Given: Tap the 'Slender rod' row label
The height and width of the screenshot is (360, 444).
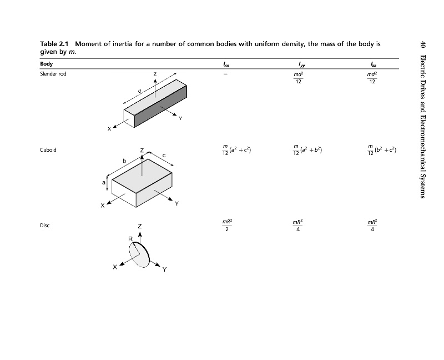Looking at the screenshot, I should [x=53, y=73].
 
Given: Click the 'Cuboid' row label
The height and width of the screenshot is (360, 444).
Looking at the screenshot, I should [x=48, y=150].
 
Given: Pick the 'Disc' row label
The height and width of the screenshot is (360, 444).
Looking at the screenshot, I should [x=45, y=226].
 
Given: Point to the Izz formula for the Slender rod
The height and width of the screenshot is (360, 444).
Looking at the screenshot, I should [x=372, y=77].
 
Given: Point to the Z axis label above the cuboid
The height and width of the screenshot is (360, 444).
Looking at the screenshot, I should [x=142, y=150].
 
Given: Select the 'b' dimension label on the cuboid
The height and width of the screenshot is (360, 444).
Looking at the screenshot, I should [x=124, y=161].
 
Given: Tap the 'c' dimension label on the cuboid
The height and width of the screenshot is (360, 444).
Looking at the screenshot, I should [x=164, y=154].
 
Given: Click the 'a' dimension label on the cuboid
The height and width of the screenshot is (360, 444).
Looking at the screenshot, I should [x=103, y=182].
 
